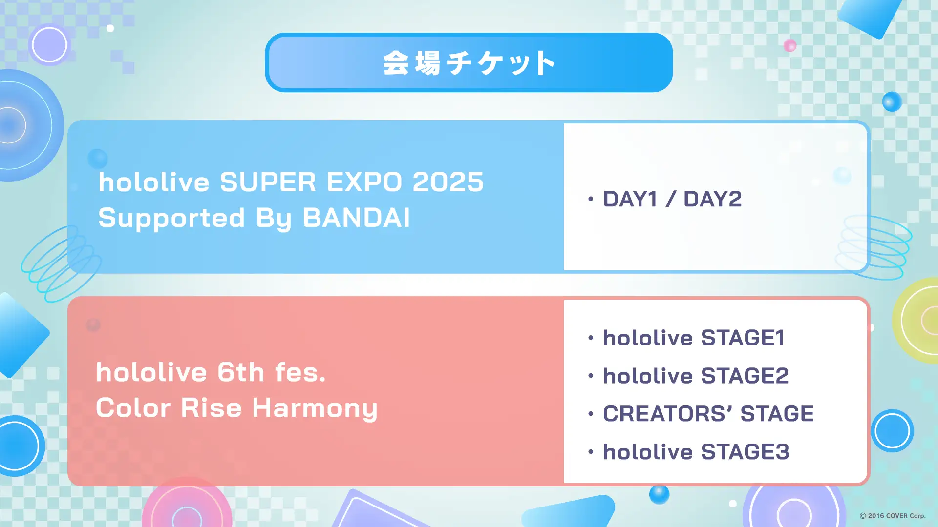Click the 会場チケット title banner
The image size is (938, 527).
click(469, 62)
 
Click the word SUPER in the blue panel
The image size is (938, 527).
click(268, 182)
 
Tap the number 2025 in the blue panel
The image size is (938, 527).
click(448, 182)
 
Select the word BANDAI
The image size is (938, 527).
click(356, 218)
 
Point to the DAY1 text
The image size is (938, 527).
click(630, 199)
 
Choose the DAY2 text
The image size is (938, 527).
click(712, 199)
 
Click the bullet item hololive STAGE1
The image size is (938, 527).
click(694, 338)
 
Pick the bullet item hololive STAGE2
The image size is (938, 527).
click(696, 376)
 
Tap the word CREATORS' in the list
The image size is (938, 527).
click(667, 414)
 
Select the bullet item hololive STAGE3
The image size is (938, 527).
click(696, 452)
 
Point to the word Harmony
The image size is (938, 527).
click(315, 408)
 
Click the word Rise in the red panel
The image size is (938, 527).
click(211, 408)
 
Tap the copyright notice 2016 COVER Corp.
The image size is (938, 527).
click(893, 516)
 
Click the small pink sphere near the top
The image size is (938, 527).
click(790, 46)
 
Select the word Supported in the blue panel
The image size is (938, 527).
click(171, 218)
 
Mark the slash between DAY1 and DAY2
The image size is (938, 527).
click(671, 199)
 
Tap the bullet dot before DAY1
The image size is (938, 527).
click(591, 199)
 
